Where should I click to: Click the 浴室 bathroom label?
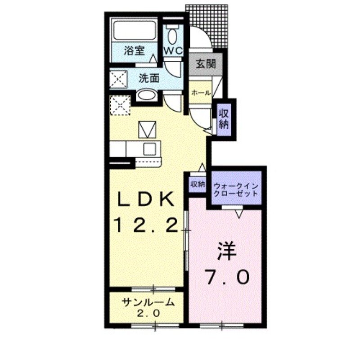point(134,51)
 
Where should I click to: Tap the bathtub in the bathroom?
point(134,31)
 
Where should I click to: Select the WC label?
point(173,51)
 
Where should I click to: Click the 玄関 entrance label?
point(206,63)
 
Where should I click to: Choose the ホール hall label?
point(201,93)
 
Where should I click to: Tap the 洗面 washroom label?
point(149,77)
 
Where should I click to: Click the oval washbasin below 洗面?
point(146,95)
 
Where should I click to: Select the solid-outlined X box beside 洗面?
point(120,80)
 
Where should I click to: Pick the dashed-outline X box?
point(120,106)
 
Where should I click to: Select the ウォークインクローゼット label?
point(236,189)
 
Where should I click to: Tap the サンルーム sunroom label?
point(147,302)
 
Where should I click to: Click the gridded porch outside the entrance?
point(208,22)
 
